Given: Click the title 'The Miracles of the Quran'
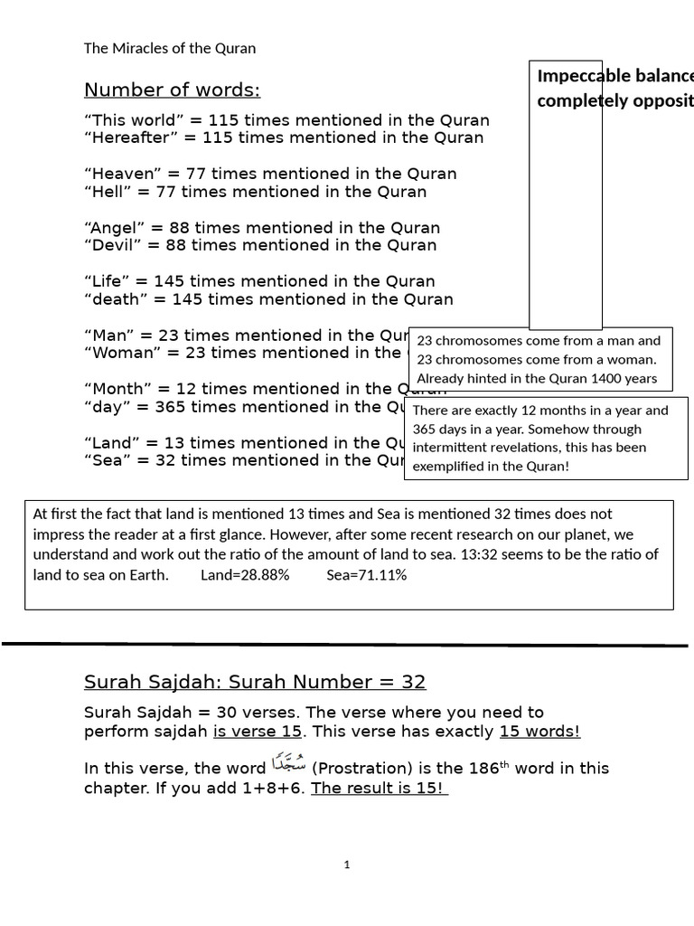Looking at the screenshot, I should (169, 48).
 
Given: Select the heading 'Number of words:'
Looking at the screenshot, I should (172, 90).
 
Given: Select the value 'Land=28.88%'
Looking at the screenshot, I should (245, 575).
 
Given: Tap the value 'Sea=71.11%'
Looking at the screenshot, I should (367, 575).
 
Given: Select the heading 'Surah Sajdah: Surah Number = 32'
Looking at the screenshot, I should (255, 682).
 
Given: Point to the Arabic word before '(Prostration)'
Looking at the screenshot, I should (288, 766).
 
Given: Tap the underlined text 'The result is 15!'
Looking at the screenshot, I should (379, 788).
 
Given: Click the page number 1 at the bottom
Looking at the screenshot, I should (346, 865).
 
